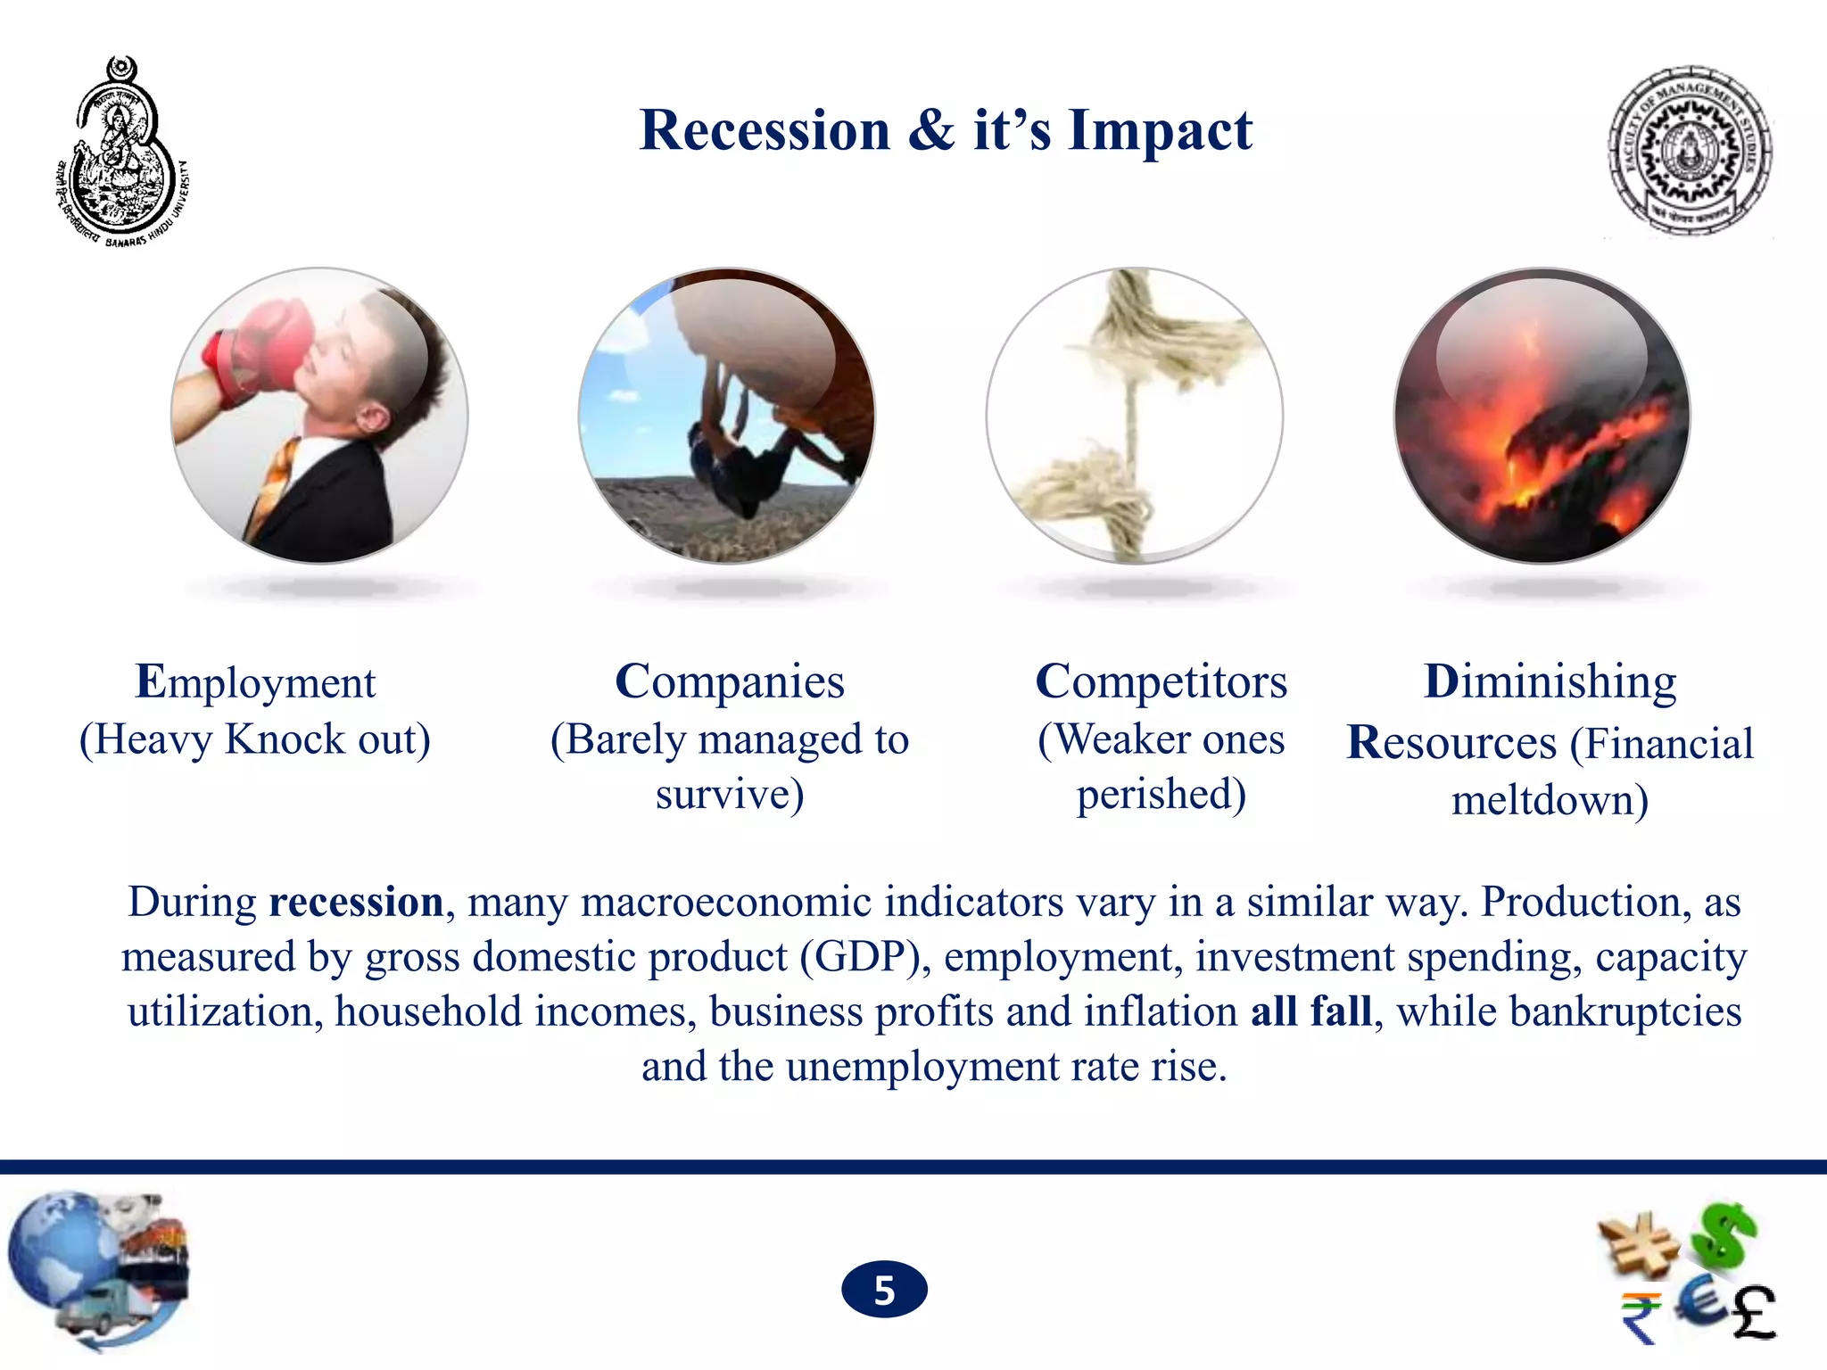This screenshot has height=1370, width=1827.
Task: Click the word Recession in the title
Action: coord(765,131)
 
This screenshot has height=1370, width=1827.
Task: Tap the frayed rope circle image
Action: coord(1134,416)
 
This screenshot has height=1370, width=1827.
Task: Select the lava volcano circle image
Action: coord(1542,416)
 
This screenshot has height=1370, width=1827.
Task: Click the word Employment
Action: coord(255,682)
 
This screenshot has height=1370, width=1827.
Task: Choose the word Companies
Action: coord(729,682)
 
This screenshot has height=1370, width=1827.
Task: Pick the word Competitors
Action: coord(1161,682)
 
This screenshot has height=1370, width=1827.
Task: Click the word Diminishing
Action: coord(1550,682)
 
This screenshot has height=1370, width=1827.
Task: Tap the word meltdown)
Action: coord(1550,800)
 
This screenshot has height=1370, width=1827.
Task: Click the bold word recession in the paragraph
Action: coord(356,902)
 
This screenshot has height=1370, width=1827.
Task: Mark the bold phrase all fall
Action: coord(1310,1011)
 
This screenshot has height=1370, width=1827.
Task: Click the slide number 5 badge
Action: coord(884,1290)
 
